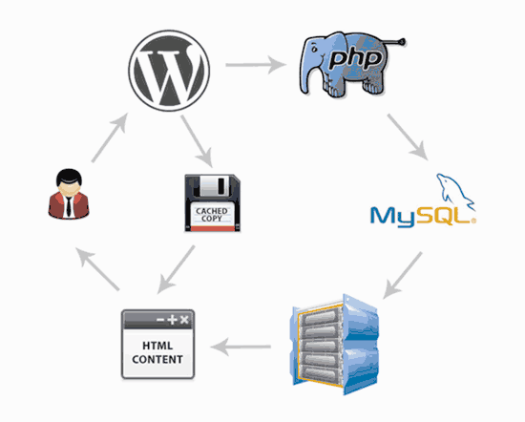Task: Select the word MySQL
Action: pyautogui.click(x=417, y=216)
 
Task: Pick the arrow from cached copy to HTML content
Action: pyautogui.click(x=178, y=268)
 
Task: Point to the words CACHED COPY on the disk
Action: pyautogui.click(x=212, y=216)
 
